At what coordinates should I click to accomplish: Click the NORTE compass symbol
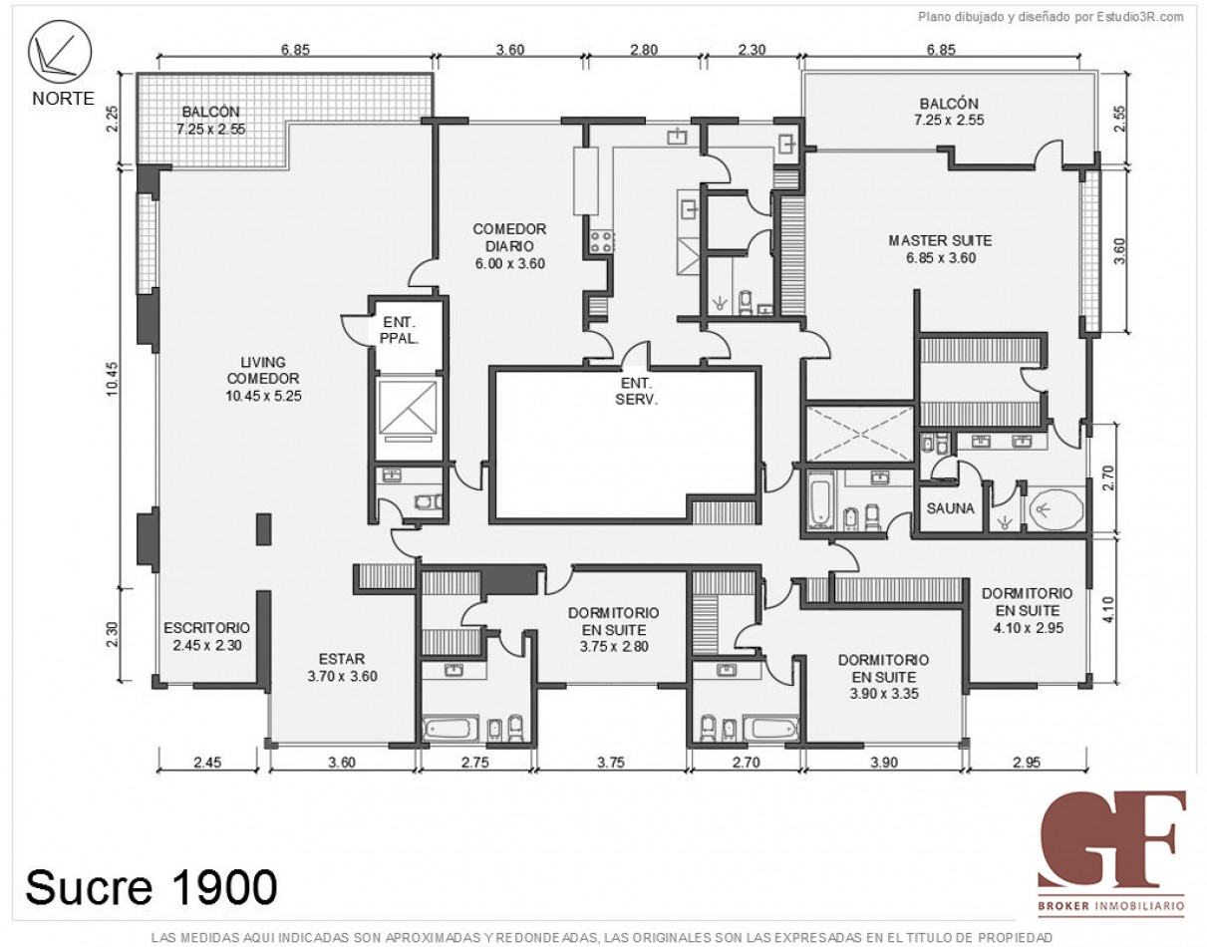pos(59,54)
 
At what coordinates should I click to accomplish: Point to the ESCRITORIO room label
pos(206,636)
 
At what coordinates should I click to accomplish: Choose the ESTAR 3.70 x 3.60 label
pos(342,667)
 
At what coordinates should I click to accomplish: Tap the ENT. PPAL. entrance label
pos(398,330)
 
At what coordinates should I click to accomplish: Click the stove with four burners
pos(602,240)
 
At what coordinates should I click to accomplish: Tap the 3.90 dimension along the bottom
pos(883,763)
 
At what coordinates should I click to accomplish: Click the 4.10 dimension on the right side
pos(1120,608)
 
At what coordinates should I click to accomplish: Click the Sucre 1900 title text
pos(151,885)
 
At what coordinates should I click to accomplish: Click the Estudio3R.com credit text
pos(1050,16)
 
